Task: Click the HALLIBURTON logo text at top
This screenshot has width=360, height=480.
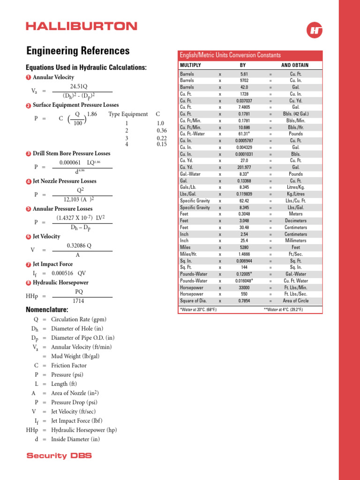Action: [x=82, y=26]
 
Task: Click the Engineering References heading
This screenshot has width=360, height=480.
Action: [x=78, y=51]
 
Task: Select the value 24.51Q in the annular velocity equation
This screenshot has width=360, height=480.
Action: [x=78, y=87]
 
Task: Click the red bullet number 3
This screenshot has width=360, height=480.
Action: [x=29, y=154]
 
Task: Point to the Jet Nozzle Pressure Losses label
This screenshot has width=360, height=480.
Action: [x=64, y=181]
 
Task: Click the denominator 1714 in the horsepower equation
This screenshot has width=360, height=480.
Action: [x=78, y=301]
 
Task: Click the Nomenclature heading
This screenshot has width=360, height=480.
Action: [x=47, y=310]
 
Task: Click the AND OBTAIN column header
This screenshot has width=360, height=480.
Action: [x=294, y=65]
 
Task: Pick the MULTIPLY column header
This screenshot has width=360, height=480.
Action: [x=190, y=65]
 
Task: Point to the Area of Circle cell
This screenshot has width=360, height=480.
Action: [x=296, y=301]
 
